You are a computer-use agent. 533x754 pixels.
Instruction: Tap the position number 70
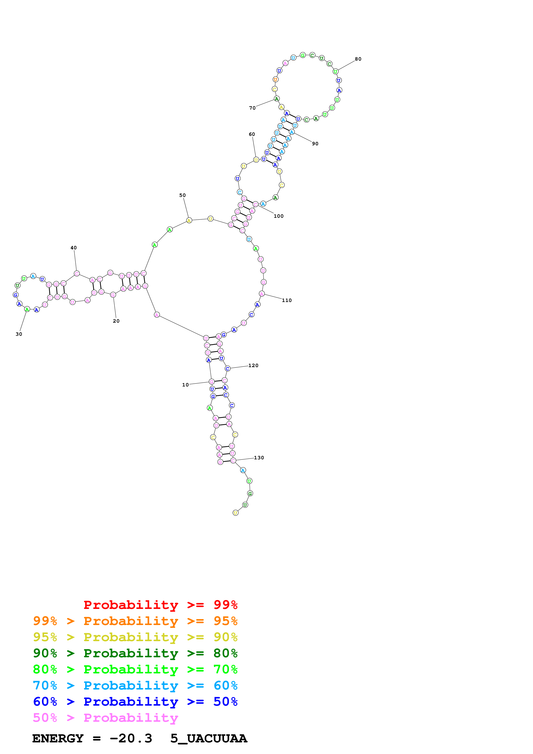252,108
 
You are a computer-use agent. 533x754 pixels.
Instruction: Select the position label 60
252,134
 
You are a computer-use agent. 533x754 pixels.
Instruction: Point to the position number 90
315,144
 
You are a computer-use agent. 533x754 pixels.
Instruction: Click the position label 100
278,216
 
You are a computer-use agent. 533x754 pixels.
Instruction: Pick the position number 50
182,195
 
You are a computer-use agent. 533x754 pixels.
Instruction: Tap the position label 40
74,248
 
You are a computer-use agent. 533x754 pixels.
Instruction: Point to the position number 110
287,300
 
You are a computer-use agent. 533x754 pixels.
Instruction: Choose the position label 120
253,366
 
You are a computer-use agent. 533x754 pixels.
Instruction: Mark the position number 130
259,458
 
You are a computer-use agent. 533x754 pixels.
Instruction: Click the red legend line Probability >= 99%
160,605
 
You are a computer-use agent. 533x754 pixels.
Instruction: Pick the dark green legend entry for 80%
135,653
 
